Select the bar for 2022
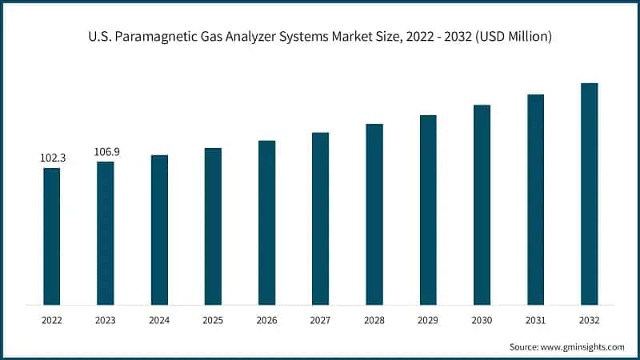point(52,236)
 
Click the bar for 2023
point(106,233)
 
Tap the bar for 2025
point(213,226)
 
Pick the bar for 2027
point(320,218)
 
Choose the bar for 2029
point(428,210)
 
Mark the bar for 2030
point(482,204)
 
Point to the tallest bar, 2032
point(589,194)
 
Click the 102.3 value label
point(53,158)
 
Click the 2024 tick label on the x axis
point(159,319)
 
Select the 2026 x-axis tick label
point(266,319)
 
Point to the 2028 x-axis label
point(374,319)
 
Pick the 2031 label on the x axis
point(535,319)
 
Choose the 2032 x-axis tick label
point(589,319)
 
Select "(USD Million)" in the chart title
point(510,37)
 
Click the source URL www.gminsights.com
point(583,346)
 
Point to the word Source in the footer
point(525,346)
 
